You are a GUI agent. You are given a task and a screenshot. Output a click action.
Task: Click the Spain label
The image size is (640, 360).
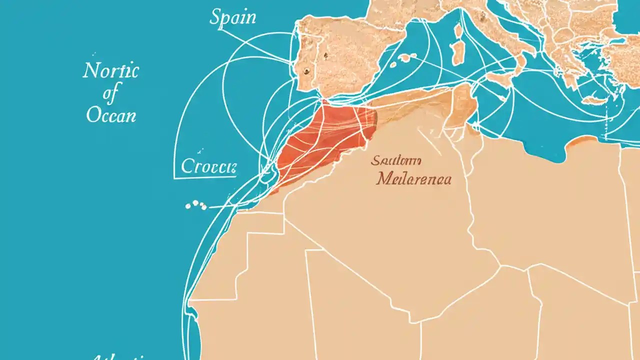click(232, 17)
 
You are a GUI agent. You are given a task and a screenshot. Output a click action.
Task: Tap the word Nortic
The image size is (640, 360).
click(110, 71)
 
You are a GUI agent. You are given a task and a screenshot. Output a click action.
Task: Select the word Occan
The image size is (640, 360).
click(111, 115)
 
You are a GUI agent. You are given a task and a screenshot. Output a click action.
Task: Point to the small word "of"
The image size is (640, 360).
click(111, 93)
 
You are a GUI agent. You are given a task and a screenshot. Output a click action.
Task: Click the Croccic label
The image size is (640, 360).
click(208, 166)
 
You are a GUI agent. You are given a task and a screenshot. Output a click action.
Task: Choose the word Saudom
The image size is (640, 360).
click(396, 160)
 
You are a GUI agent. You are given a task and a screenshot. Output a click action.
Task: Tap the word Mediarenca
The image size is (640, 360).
click(414, 178)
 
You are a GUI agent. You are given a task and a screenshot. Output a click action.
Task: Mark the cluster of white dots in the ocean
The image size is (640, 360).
click(196, 205)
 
